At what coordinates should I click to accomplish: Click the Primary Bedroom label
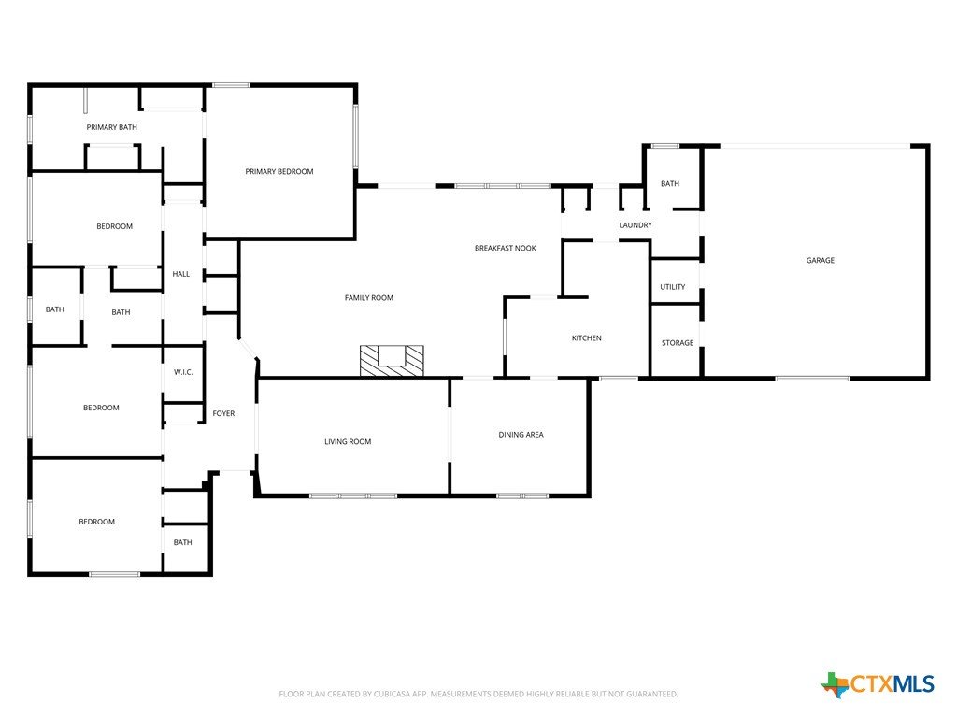279,172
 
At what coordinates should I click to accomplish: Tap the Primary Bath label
112,127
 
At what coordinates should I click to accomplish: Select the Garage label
820,260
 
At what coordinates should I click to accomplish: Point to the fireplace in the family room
392,360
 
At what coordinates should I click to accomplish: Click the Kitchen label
587,338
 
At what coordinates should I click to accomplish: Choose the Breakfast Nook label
506,248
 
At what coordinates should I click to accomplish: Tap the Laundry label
636,225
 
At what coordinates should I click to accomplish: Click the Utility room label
673,287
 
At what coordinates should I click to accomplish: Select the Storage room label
678,343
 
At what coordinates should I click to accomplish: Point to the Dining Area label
521,435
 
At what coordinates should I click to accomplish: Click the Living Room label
348,442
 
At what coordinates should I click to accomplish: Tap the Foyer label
223,414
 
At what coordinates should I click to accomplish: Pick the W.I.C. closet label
183,372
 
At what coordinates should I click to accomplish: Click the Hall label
180,274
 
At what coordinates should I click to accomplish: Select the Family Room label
368,298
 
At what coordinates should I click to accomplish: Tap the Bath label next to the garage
669,184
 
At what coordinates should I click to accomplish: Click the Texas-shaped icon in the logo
835,685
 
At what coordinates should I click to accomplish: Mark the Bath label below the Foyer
182,543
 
